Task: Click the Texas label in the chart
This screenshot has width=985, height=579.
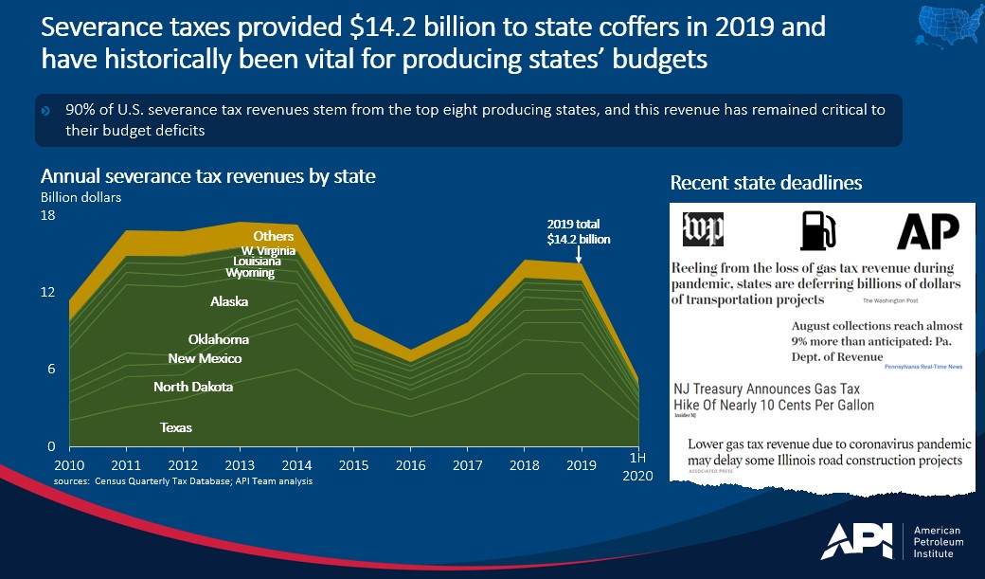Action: (x=176, y=427)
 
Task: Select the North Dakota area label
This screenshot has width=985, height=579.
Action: (x=193, y=387)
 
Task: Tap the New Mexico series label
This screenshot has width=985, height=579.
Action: (x=205, y=359)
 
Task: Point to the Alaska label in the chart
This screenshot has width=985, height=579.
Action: (x=229, y=302)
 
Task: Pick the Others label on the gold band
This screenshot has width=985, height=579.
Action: (x=274, y=236)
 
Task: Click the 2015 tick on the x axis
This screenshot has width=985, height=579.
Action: (x=354, y=465)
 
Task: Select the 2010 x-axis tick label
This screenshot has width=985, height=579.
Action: (x=68, y=465)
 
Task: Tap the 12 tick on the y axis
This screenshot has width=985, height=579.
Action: (x=48, y=293)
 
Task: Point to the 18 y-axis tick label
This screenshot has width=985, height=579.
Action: (x=48, y=215)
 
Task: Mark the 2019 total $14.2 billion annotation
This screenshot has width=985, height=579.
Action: (x=578, y=232)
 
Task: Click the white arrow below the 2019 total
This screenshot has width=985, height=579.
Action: (x=578, y=254)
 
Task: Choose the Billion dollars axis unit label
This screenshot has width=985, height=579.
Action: (x=81, y=197)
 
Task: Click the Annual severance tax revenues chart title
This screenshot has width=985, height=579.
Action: (x=207, y=176)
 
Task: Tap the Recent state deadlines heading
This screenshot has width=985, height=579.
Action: (x=765, y=183)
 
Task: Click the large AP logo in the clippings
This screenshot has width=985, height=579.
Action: (x=928, y=230)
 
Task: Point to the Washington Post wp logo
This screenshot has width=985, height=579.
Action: (x=703, y=229)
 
